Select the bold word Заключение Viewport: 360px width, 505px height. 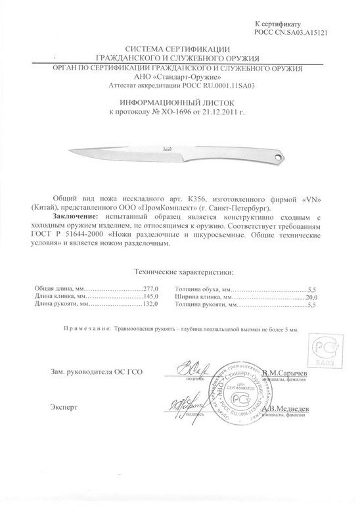pos(76,216)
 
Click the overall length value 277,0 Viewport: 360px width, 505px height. pos(152,289)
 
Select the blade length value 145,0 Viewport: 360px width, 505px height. pos(152,297)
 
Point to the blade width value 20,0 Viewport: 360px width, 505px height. pos(311,297)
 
